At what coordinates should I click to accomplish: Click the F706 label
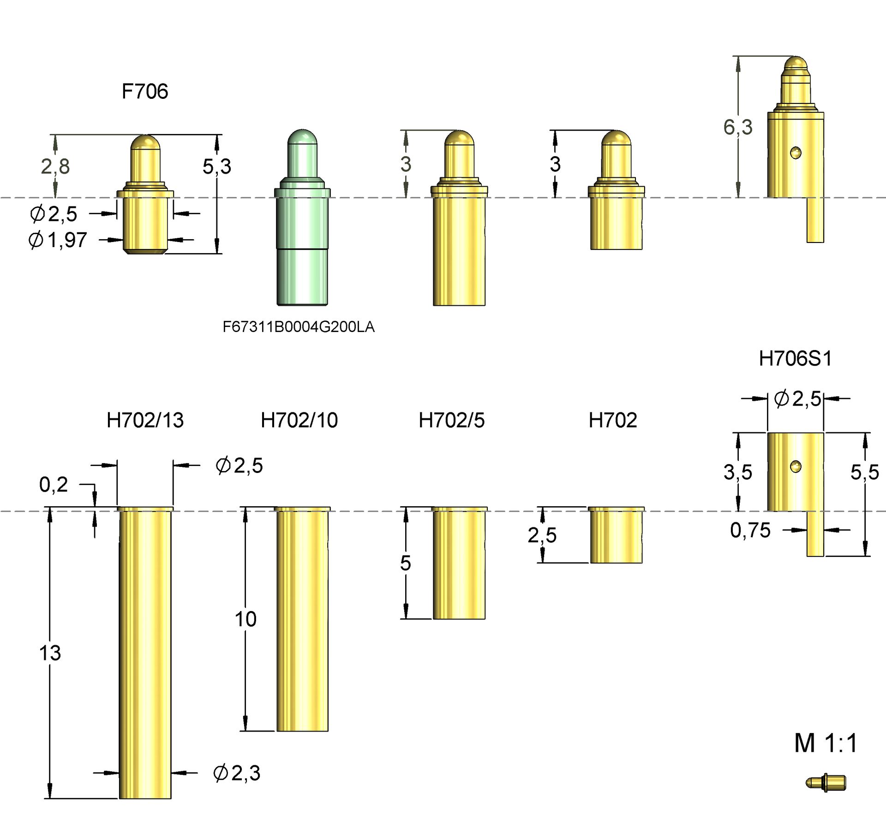(x=144, y=91)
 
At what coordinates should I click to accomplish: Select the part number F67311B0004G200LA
(x=298, y=327)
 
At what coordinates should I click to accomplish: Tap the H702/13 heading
(x=145, y=420)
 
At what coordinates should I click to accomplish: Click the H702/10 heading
(x=299, y=420)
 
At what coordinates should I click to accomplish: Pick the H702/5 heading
(x=451, y=420)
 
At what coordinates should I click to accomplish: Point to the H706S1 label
(x=795, y=359)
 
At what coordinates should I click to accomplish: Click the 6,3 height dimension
(x=737, y=127)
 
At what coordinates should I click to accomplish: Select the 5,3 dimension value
(x=216, y=166)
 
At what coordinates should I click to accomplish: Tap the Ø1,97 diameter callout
(x=58, y=240)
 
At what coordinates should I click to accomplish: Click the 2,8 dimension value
(x=55, y=166)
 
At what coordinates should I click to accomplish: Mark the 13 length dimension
(x=50, y=653)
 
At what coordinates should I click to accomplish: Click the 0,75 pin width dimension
(x=750, y=530)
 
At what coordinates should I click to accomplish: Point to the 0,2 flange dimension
(x=53, y=484)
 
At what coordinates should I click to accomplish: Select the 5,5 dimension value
(x=864, y=472)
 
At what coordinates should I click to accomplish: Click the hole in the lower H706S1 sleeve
(x=795, y=466)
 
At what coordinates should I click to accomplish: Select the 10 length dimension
(x=245, y=619)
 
